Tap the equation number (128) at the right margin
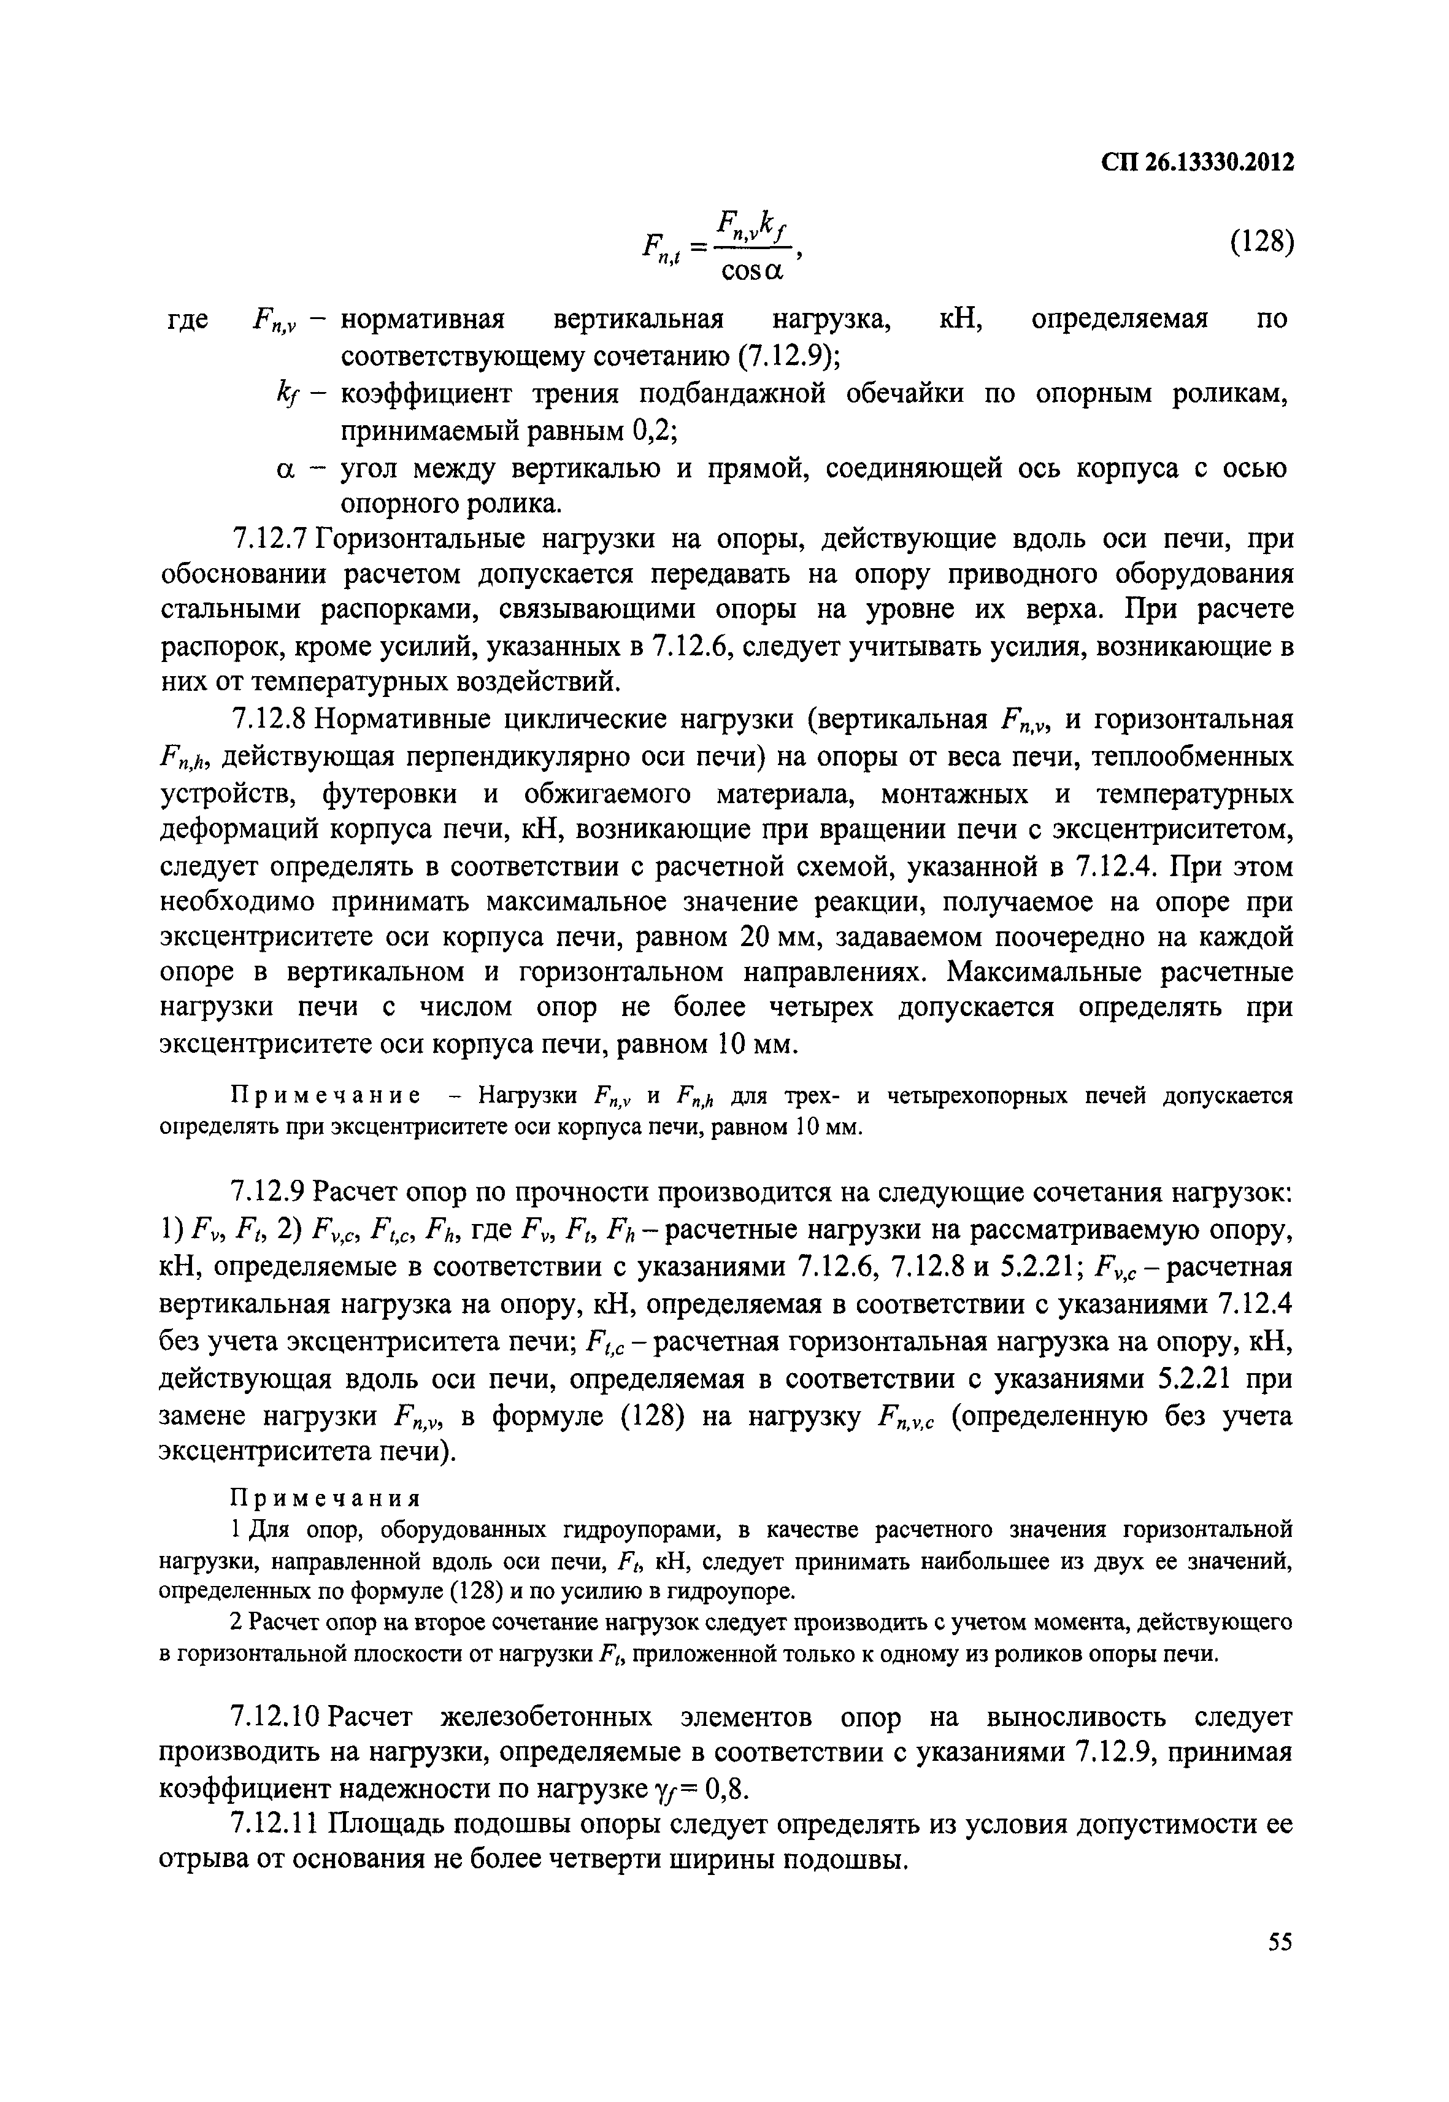pyautogui.click(x=1260, y=242)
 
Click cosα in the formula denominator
pyautogui.click(x=751, y=270)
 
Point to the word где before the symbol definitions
pyautogui.click(x=190, y=320)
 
